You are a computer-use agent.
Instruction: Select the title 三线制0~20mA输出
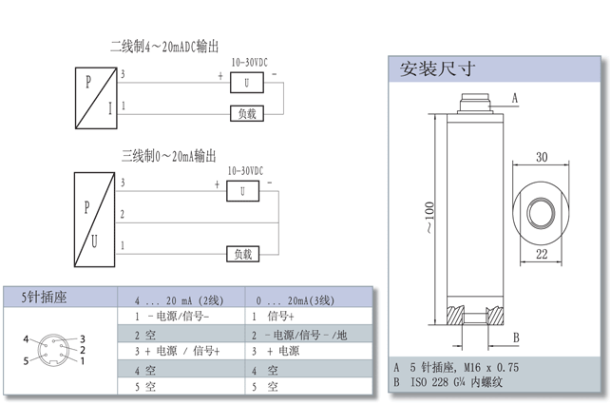169,154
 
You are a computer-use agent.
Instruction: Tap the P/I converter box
96,96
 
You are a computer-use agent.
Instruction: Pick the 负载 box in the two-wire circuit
247,113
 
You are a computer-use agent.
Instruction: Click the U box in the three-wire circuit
243,191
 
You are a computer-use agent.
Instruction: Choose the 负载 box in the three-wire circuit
243,254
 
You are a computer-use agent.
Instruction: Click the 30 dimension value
542,157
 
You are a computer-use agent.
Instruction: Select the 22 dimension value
541,254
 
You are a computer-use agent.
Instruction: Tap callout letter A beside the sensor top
514,98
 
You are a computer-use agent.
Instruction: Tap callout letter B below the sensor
515,337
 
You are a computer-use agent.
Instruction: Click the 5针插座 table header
45,298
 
